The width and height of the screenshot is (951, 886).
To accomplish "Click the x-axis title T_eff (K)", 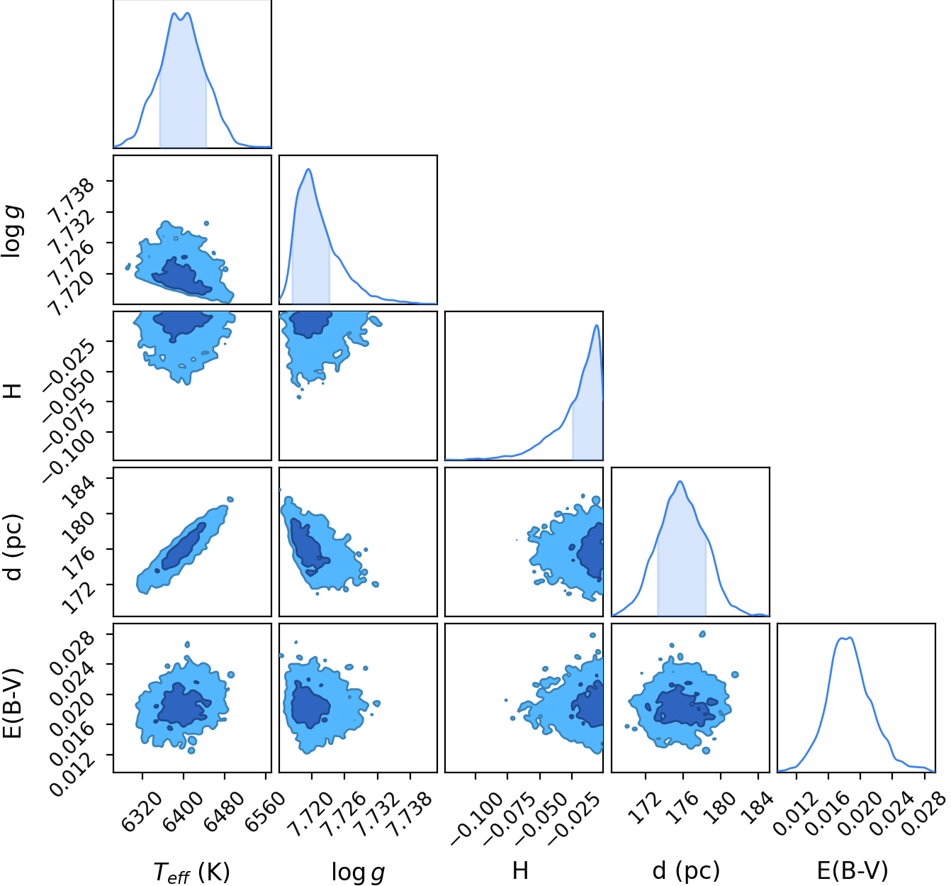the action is point(191,871).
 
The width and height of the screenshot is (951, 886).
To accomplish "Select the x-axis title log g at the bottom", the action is point(358,872).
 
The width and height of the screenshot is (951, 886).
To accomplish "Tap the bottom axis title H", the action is point(521,870).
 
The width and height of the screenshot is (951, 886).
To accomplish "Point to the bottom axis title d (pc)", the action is point(686,871).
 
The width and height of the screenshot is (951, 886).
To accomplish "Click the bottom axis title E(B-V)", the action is point(852,870).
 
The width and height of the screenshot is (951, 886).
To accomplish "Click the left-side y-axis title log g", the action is point(13,231).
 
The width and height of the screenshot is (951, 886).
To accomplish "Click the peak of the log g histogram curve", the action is point(309,170).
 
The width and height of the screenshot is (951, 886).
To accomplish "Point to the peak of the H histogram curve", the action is point(596,325).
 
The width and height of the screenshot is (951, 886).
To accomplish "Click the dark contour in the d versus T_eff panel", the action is point(184,546).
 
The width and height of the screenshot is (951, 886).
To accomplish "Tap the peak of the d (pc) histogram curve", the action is point(680,482).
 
